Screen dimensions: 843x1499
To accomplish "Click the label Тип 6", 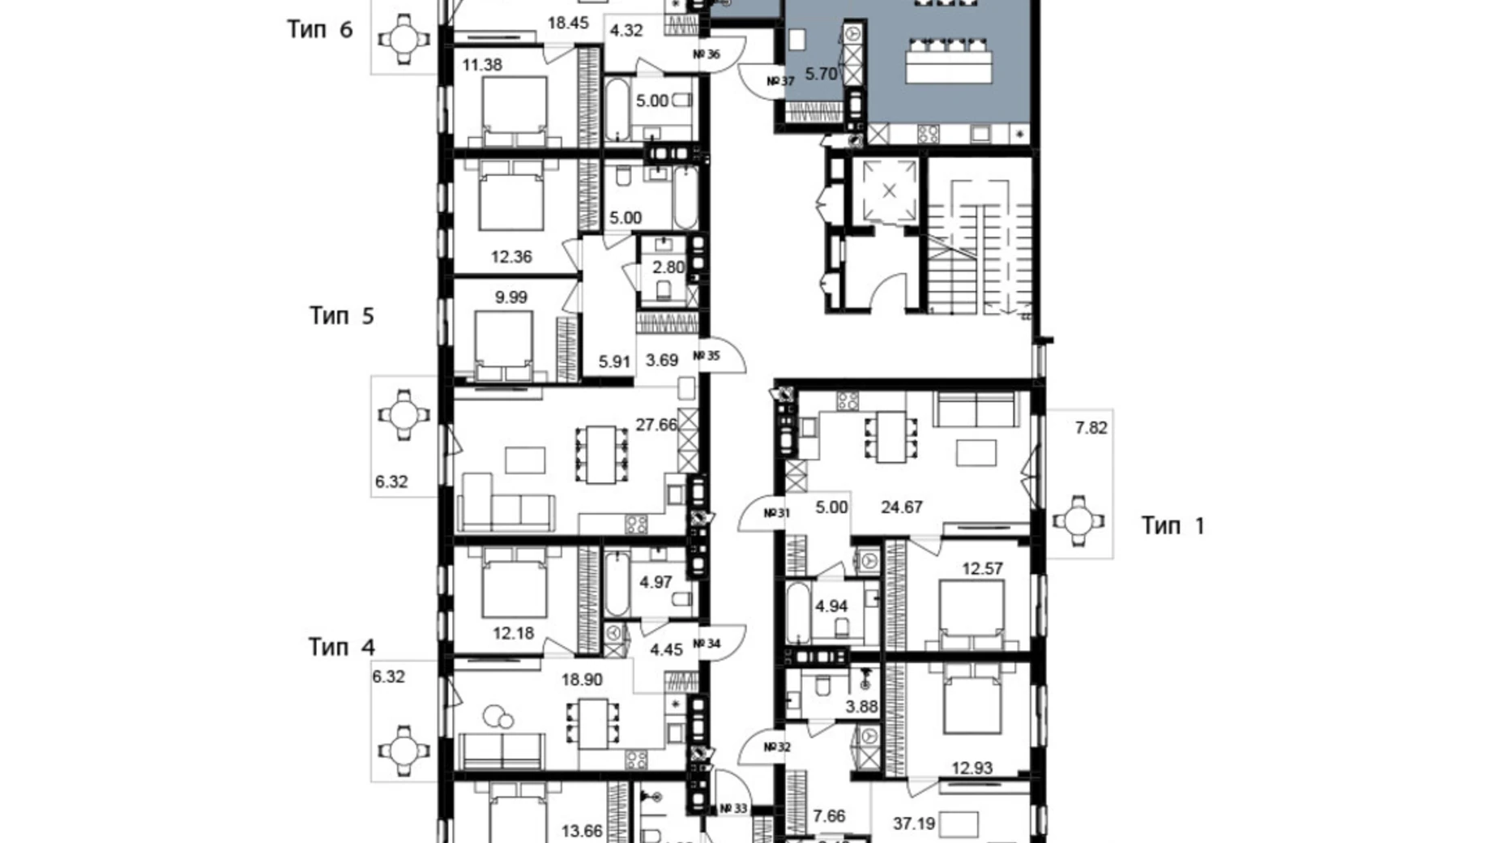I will click(x=320, y=30).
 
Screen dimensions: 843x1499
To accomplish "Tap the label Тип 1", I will click(x=1172, y=526).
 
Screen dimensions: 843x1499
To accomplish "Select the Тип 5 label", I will click(x=341, y=315).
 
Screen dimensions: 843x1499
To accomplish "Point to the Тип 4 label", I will click(x=341, y=647).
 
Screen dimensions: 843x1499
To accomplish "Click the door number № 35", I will click(x=707, y=356).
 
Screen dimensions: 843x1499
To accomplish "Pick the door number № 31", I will click(x=776, y=513).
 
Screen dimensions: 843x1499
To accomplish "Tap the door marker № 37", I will click(x=780, y=81).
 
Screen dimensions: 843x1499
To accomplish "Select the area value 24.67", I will click(x=902, y=507).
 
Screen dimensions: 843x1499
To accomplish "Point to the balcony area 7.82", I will click(x=1091, y=428).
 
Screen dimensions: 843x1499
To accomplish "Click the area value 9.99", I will click(x=510, y=297).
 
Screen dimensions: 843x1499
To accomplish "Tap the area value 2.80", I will click(x=668, y=267).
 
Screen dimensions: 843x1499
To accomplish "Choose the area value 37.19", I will click(x=914, y=824).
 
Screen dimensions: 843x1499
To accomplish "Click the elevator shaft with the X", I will click(x=889, y=191).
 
